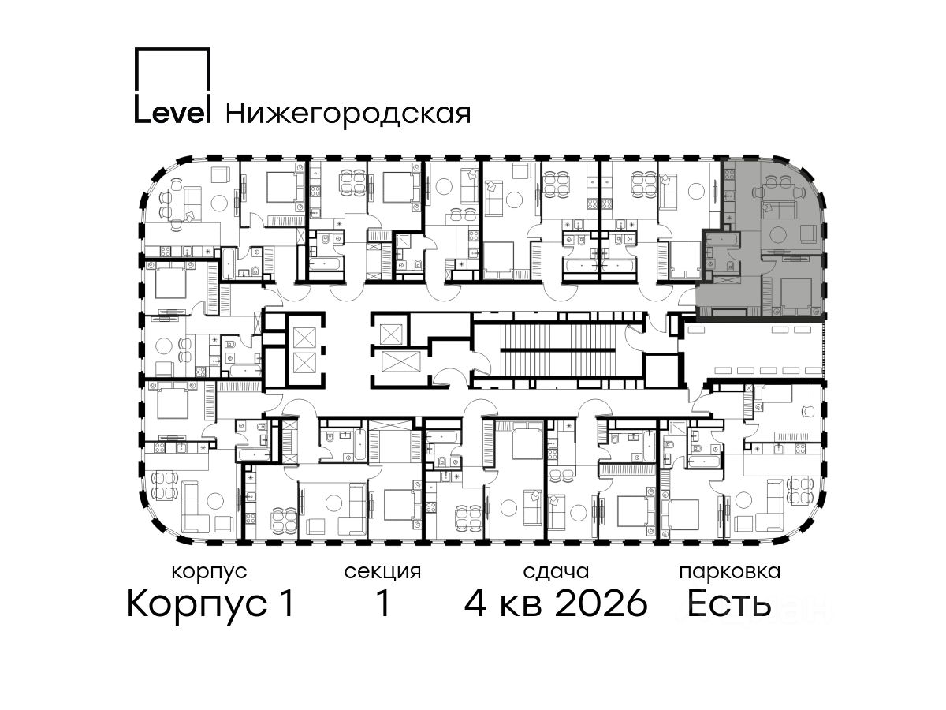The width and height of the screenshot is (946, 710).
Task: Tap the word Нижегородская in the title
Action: click(x=348, y=114)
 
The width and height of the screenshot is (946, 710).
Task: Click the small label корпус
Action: click(x=209, y=572)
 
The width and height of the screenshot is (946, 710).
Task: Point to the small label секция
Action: click(x=382, y=572)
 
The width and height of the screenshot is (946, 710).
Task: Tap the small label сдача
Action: click(x=556, y=572)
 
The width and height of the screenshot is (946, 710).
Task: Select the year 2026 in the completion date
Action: click(x=601, y=603)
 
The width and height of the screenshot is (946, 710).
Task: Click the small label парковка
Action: click(x=730, y=573)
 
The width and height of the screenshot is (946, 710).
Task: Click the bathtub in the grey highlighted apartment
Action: click(x=721, y=238)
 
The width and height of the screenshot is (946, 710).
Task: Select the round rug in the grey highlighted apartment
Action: click(x=779, y=234)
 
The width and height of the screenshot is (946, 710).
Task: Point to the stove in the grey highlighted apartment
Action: click(x=728, y=174)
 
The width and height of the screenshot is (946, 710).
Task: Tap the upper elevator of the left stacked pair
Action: click(x=304, y=338)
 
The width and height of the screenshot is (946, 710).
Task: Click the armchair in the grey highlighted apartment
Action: click(x=809, y=234)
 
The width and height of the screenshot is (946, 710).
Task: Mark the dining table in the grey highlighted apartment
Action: click(x=779, y=192)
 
